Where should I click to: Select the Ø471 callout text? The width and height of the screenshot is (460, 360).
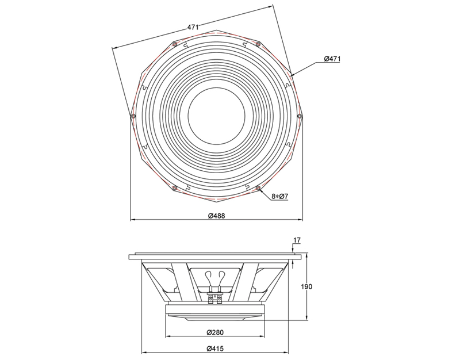point(333,59)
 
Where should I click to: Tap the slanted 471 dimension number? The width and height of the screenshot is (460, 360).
point(193,26)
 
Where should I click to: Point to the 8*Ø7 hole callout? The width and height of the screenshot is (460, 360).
point(279,197)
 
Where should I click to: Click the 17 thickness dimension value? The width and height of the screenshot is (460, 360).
point(297,240)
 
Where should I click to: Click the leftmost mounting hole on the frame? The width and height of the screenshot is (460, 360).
point(133,116)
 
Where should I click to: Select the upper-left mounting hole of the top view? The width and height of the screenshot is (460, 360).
point(174,44)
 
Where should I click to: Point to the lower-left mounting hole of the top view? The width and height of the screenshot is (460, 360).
point(174,187)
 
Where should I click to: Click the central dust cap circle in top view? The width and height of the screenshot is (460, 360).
point(216,115)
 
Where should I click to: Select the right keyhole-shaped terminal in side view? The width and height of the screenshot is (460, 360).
point(223,275)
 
